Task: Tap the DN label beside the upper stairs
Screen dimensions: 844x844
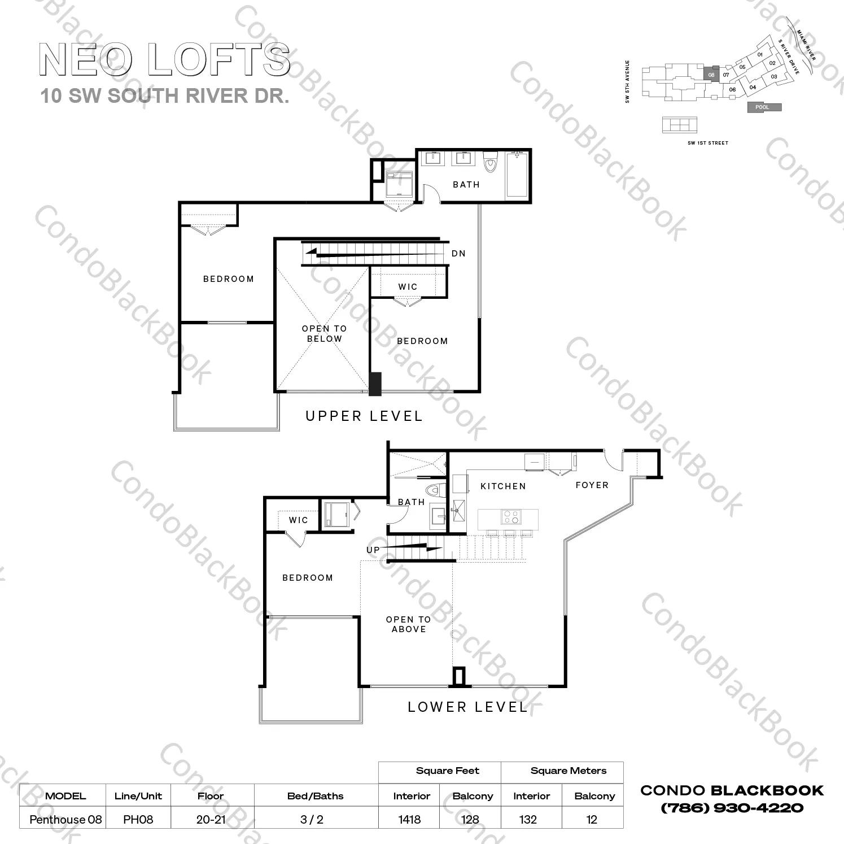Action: [458, 254]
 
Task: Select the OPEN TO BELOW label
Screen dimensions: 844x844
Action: [324, 333]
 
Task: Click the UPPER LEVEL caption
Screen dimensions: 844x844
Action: [364, 416]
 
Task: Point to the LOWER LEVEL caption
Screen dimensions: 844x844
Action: [467, 707]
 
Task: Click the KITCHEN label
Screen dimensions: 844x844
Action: [503, 486]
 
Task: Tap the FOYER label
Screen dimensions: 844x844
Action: [592, 485]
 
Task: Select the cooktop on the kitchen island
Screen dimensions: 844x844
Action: [511, 517]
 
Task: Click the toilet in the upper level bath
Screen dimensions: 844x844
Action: [490, 162]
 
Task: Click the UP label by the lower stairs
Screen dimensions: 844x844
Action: [373, 550]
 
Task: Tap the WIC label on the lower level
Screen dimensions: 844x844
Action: [298, 520]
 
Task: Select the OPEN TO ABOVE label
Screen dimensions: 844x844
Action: [408, 624]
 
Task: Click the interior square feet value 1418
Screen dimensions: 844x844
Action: [409, 819]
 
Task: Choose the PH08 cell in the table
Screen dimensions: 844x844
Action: [138, 819]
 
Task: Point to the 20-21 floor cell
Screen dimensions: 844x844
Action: [211, 819]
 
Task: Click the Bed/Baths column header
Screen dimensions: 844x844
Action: [315, 796]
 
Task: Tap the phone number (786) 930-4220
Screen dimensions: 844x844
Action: [732, 808]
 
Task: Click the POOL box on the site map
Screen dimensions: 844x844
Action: [764, 107]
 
